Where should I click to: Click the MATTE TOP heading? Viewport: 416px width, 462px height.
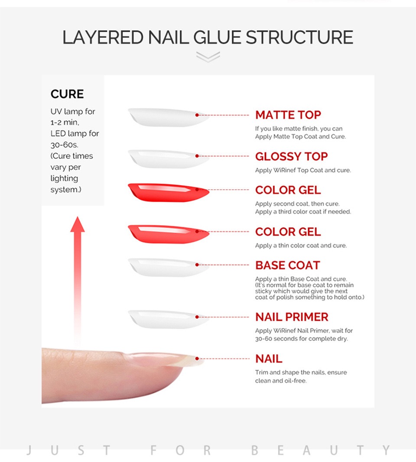tap(288, 115)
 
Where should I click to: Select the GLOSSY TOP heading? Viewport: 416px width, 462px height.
tap(291, 156)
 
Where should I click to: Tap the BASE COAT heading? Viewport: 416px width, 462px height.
tap(287, 265)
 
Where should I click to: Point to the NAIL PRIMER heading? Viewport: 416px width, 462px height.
tap(292, 317)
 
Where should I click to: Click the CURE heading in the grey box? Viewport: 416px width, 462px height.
tap(67, 94)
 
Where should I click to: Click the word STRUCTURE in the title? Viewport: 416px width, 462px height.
tap(299, 37)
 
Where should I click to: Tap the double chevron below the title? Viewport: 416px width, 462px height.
tap(208, 57)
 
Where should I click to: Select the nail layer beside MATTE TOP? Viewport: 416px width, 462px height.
tap(169, 117)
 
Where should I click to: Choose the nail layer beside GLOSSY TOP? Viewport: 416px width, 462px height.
tap(169, 159)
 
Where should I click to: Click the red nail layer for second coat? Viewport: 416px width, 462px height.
tap(169, 192)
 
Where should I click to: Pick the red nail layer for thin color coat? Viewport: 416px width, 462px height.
tap(169, 234)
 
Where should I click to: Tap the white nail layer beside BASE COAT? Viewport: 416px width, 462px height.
tap(169, 268)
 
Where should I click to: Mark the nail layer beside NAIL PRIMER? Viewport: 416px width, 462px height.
tap(169, 320)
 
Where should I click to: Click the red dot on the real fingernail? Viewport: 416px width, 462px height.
tap(197, 359)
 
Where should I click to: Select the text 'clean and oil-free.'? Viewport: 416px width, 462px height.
tap(281, 381)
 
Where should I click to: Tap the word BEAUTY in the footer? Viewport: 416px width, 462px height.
tap(321, 450)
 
